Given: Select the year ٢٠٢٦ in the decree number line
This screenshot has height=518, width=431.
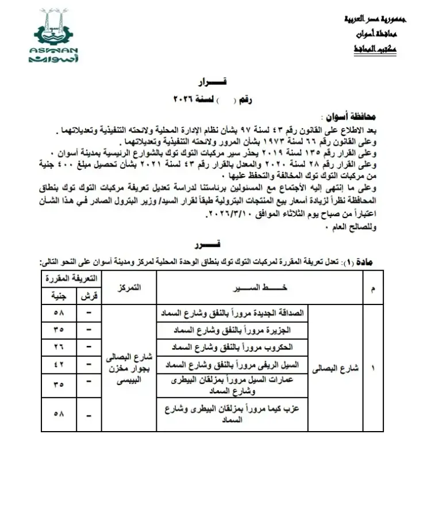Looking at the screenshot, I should click(x=186, y=100).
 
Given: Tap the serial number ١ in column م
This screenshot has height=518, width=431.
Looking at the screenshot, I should click(x=374, y=369).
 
